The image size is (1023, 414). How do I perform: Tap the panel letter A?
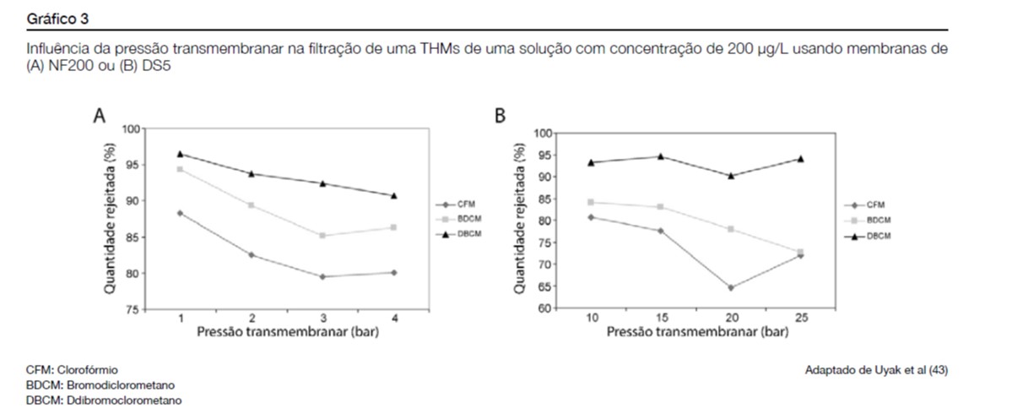[x=100, y=117]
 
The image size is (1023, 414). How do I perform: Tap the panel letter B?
[x=499, y=116]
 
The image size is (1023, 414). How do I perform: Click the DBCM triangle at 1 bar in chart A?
[x=181, y=154]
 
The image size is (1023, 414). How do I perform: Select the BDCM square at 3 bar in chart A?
[x=323, y=236]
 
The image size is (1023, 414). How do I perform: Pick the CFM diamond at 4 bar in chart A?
[x=394, y=272]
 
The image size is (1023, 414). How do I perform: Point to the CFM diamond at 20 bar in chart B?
[x=730, y=288]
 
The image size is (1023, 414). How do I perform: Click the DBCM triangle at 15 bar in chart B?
[x=660, y=156]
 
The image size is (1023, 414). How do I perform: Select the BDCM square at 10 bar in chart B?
[x=591, y=202]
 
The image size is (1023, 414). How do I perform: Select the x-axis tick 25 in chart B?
[x=799, y=319]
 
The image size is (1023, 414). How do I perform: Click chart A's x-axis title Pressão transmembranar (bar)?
[x=287, y=332]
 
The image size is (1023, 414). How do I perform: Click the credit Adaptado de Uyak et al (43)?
[x=882, y=370]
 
